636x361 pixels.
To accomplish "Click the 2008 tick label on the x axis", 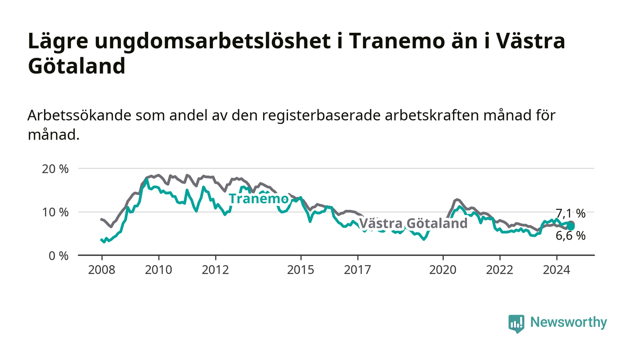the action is pos(102,270).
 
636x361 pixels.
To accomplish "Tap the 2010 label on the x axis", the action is pos(159,270).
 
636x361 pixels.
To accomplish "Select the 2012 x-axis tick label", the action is pos(215,270).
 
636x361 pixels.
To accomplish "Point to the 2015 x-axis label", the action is pos(301,270).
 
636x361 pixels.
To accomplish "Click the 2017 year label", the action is pos(358,270).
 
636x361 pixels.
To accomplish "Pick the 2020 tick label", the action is pos(443,270).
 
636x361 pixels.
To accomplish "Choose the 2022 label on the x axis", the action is pos(500,270).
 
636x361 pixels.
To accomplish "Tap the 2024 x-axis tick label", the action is pos(556,270).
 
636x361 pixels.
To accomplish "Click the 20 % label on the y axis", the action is pos(55,169).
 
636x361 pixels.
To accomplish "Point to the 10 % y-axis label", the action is pos(55,212).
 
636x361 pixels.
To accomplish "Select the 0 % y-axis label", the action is pos(59,256).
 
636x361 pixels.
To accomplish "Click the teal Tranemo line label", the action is pos(258,199).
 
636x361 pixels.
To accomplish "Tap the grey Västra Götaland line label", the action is pos(413,223).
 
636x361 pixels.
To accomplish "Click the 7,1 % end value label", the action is pos(571,213).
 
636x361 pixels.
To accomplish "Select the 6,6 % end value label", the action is pos(571,236).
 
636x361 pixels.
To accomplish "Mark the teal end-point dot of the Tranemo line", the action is pos(571,226).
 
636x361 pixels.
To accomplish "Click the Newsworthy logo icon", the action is pos(517,323).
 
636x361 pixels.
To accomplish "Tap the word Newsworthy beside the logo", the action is pos(568,322).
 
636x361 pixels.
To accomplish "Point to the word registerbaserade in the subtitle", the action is pos(321,115).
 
